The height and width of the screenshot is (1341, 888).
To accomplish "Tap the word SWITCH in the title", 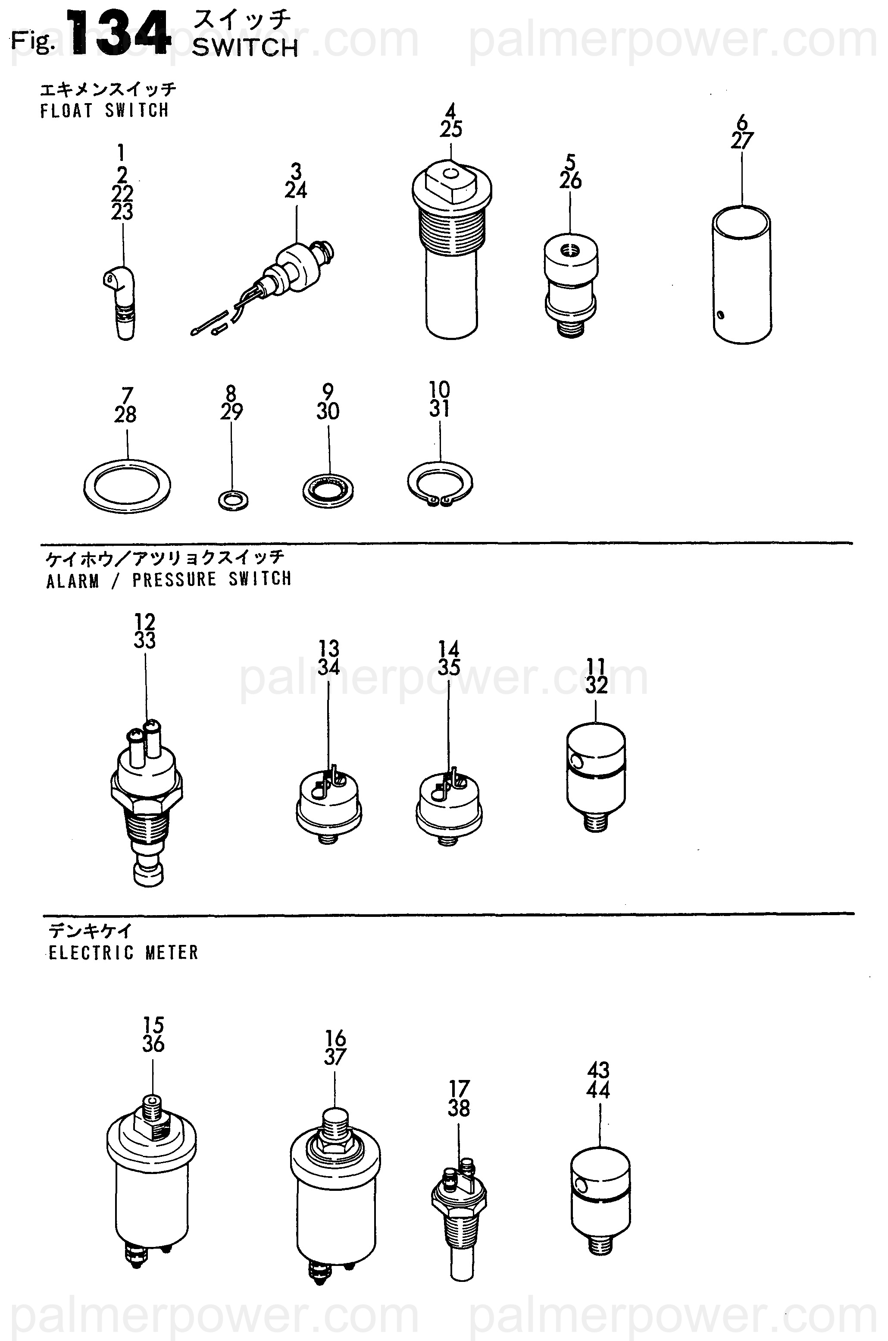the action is pos(245,48).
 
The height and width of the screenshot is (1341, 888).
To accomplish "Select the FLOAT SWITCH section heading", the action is pos(105,110).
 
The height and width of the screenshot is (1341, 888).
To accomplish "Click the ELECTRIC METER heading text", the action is pos(123,952).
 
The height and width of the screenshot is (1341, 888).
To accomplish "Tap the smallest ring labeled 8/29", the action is pos(232,500).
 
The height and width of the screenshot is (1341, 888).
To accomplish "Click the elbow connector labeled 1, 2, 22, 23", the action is pos(121,303).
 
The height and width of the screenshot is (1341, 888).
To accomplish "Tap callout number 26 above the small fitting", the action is pos(570,181).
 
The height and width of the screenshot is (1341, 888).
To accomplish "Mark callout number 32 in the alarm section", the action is pos(596,685).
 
